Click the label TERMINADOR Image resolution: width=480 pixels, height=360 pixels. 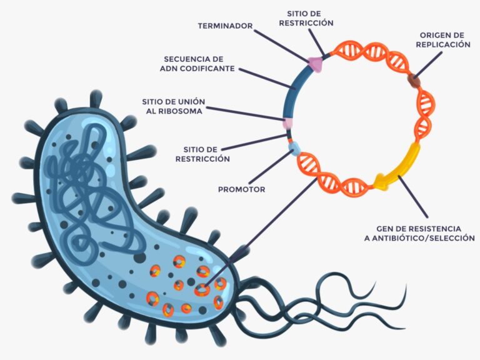coord(225,26)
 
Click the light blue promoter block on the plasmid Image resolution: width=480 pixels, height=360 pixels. coord(294,149)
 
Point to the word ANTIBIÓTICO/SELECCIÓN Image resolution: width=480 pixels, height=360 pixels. coord(425,238)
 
